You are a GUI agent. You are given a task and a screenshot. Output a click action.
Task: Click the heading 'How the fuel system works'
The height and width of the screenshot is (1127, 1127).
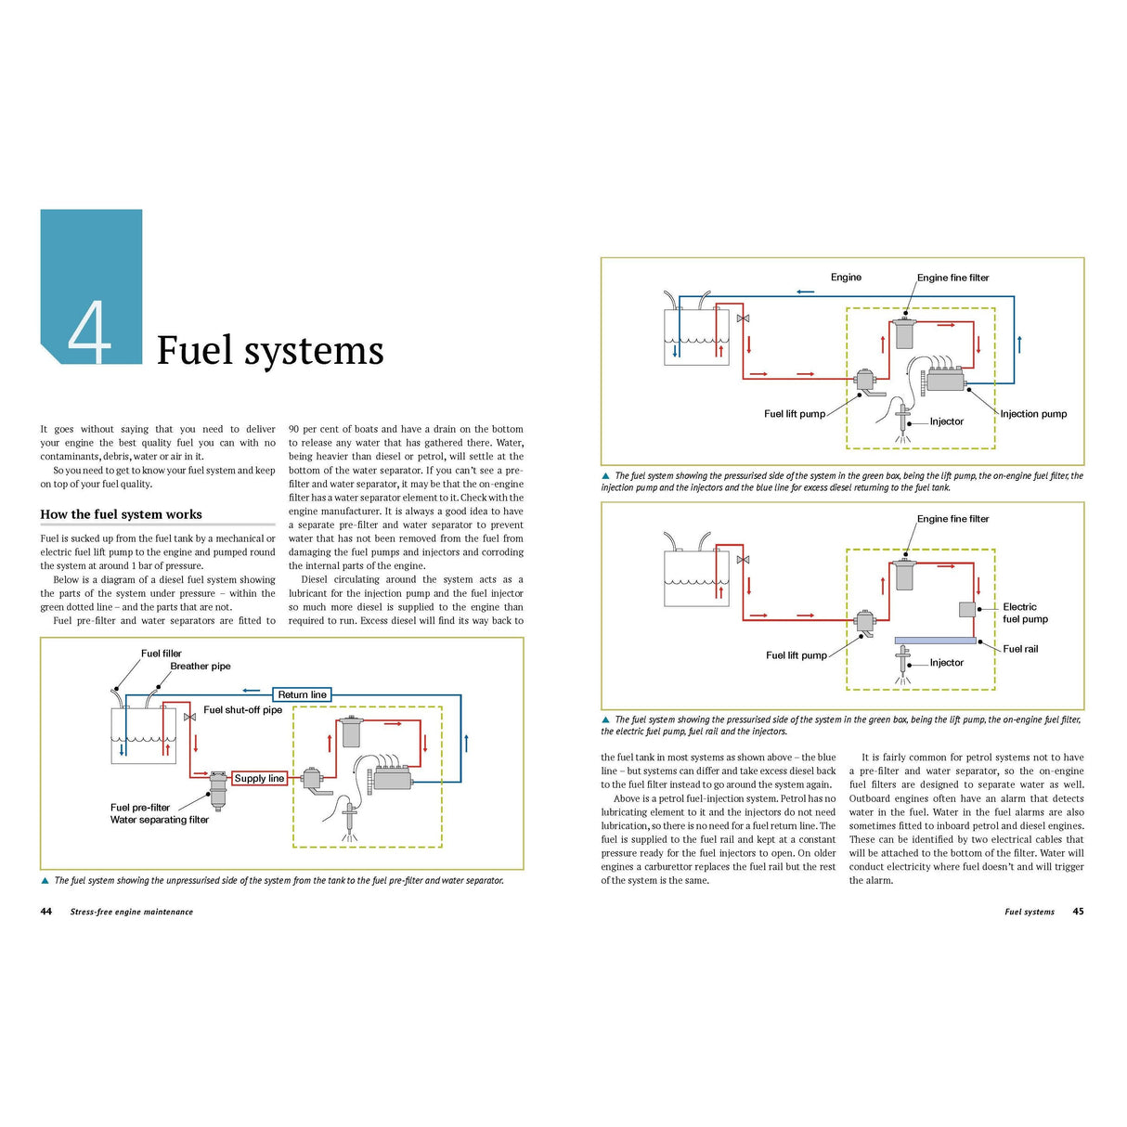121,514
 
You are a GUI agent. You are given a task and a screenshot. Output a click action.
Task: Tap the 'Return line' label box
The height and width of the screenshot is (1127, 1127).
303,694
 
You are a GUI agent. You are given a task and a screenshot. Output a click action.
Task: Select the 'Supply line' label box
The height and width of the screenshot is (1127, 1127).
259,778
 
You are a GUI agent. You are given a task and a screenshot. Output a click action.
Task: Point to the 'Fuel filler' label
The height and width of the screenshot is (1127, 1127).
162,654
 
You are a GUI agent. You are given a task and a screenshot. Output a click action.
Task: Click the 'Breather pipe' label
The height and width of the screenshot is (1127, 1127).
201,666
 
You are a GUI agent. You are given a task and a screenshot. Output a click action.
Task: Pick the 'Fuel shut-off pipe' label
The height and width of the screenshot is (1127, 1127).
242,710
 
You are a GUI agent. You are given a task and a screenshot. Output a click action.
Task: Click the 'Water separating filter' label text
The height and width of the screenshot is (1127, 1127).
160,820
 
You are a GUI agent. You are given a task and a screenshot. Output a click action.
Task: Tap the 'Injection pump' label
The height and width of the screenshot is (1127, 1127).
1033,414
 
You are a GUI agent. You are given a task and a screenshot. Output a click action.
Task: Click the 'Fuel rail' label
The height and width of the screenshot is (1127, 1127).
1020,649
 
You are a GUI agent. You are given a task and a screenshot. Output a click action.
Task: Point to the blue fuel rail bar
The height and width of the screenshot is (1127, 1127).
935,641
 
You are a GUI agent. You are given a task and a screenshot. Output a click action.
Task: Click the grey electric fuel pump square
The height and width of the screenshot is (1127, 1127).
966,609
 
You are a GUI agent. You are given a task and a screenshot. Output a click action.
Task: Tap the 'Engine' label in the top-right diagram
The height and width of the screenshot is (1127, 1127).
846,277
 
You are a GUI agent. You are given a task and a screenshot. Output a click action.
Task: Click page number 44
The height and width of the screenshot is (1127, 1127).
46,912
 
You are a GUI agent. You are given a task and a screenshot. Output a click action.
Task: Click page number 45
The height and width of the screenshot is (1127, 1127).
1078,912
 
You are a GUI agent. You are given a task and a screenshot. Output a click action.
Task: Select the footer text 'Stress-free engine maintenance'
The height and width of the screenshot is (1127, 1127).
132,912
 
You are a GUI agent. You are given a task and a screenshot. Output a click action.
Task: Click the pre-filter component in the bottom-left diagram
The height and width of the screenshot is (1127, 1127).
218,788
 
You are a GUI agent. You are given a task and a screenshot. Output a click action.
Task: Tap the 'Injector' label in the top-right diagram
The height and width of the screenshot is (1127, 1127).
947,421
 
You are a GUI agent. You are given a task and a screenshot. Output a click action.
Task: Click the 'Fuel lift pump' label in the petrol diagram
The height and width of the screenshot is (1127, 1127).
796,655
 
